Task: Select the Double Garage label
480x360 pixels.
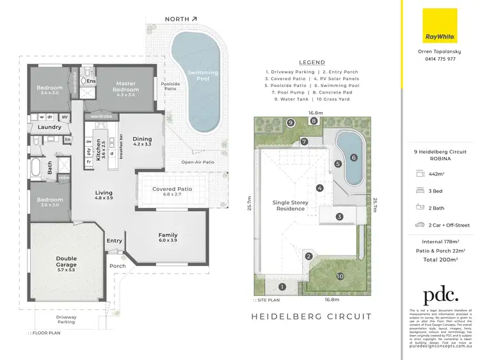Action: [x=66, y=262]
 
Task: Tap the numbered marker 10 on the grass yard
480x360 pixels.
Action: [x=340, y=276]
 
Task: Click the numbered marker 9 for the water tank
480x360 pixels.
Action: [x=291, y=122]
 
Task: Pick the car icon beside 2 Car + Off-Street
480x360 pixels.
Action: [x=420, y=225]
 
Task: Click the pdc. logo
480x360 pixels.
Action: [x=440, y=295]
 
